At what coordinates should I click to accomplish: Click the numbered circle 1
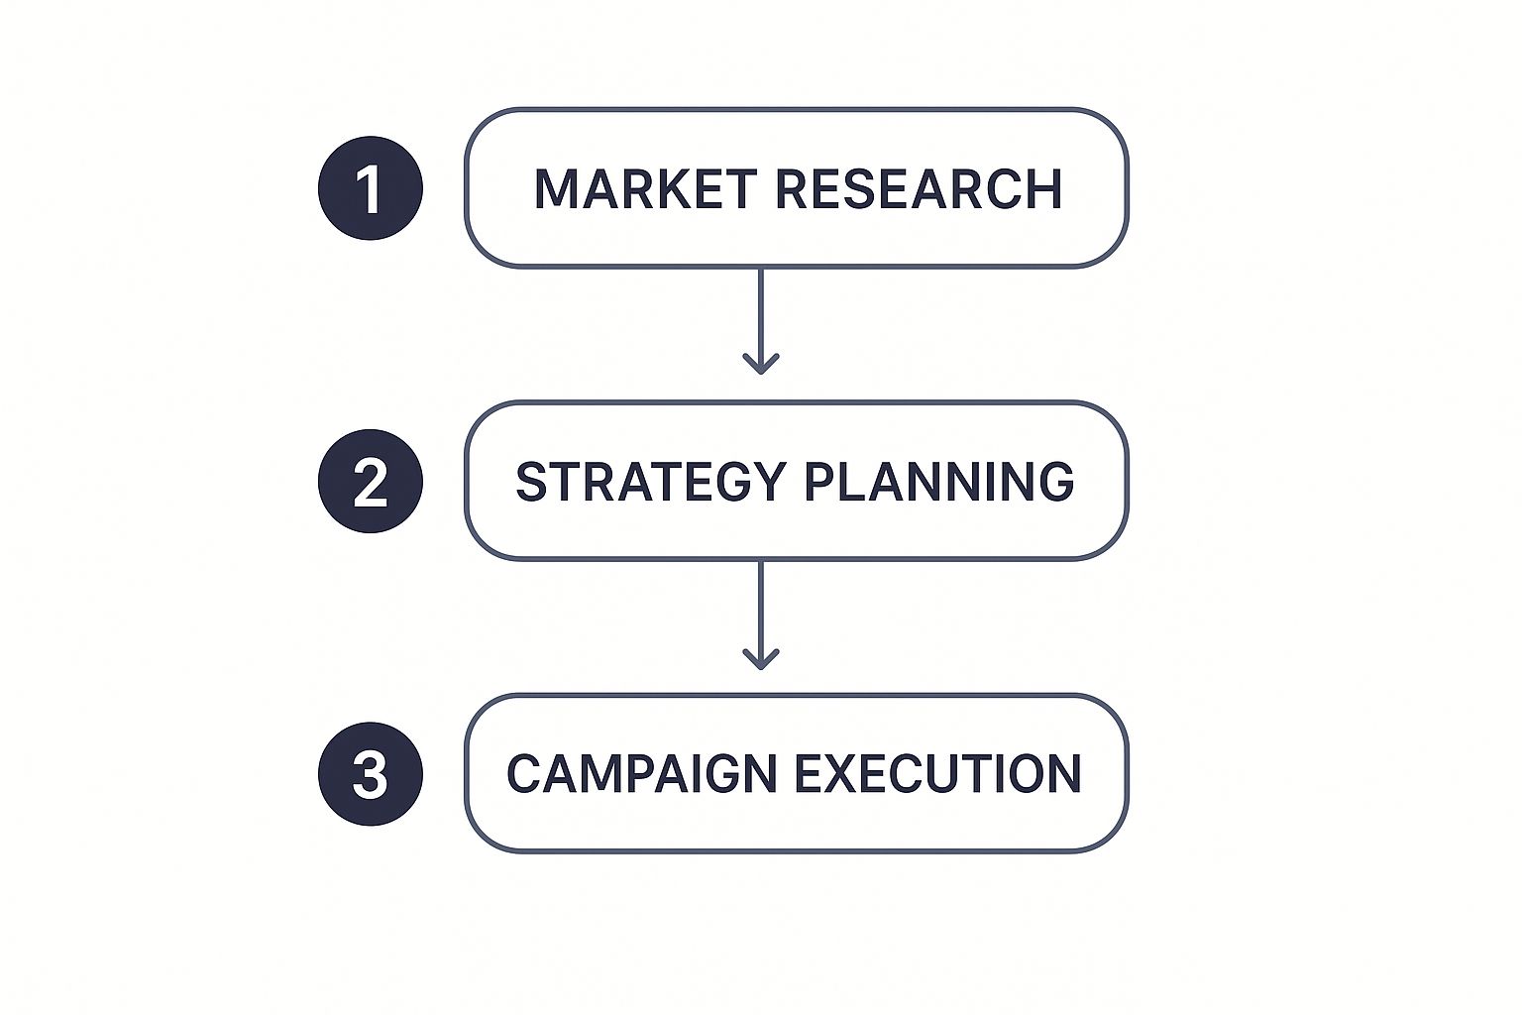371,188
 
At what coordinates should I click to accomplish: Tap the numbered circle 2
371,482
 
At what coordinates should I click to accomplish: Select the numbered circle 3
371,774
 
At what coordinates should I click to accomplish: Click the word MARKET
645,188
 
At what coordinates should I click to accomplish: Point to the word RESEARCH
919,188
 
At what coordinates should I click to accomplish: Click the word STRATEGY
651,482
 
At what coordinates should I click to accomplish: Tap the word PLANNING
939,482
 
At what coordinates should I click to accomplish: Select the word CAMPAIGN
641,774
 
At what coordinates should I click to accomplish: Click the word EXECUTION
937,774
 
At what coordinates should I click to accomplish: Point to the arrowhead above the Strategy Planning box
761,365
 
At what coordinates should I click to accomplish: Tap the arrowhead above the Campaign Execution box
761,659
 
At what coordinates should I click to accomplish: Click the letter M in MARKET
555,188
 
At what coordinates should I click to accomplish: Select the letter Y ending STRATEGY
771,482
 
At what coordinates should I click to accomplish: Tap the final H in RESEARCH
1045,188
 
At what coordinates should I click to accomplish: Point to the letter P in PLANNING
820,482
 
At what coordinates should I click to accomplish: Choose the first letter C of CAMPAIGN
524,774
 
